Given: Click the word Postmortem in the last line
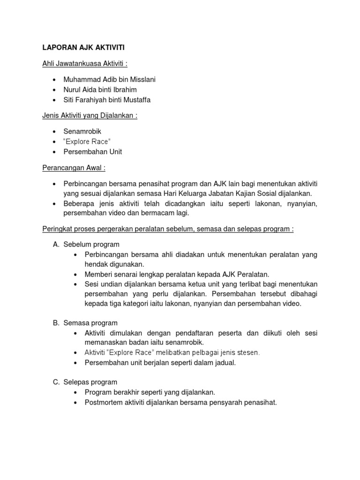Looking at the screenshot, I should (x=103, y=402).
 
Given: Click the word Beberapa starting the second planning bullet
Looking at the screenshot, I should (x=79, y=203).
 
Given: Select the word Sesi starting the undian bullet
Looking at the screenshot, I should (x=92, y=285).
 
